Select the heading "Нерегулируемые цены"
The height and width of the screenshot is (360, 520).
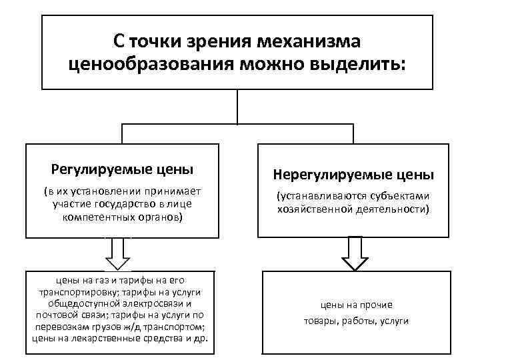click(353, 175)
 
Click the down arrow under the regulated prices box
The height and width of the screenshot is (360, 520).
click(119, 253)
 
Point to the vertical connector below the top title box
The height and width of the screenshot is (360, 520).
click(238, 107)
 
